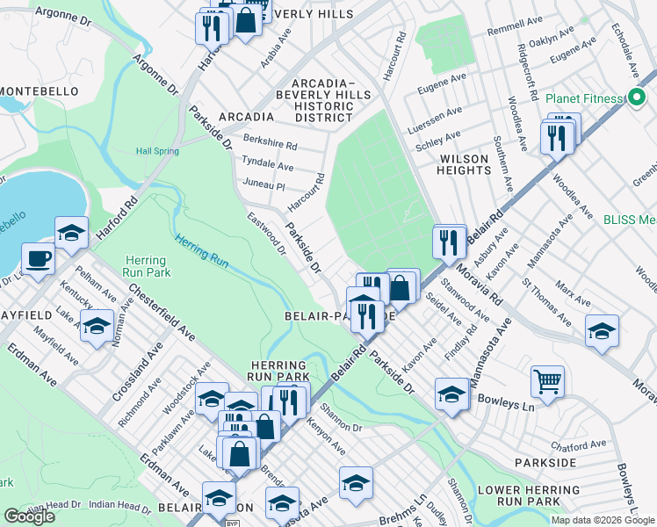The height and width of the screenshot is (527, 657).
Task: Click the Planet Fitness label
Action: click(x=583, y=97)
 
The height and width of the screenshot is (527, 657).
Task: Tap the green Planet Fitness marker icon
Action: click(x=632, y=97)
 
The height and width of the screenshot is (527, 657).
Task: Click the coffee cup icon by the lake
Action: click(x=38, y=259)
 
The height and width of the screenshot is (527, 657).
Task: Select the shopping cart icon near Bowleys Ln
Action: click(x=547, y=382)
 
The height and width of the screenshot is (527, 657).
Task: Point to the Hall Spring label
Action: click(x=157, y=151)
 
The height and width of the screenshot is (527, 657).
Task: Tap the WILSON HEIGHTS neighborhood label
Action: click(x=464, y=165)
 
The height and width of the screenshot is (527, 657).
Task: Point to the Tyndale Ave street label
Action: click(x=268, y=166)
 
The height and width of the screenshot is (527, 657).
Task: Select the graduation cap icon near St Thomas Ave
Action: click(x=602, y=331)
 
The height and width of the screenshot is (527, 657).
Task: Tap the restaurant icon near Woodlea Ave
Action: click(x=557, y=138)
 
